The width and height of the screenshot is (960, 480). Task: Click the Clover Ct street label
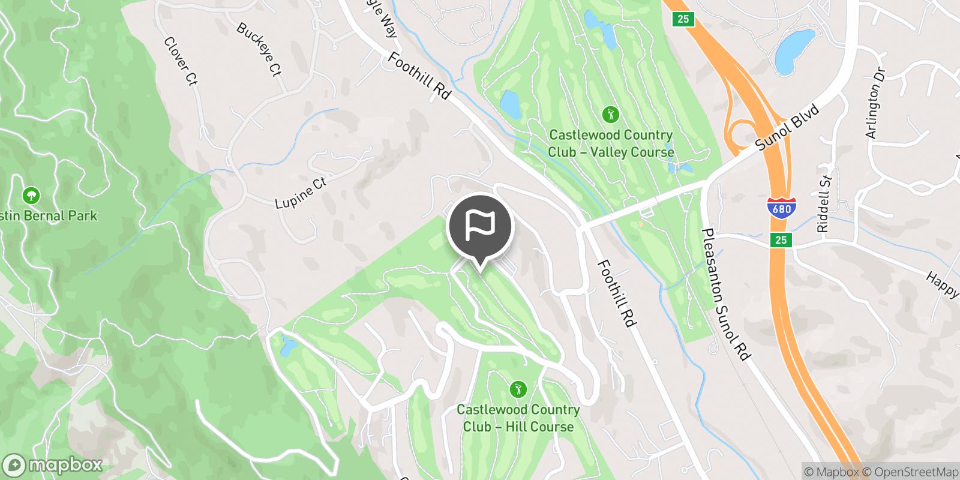[181, 61]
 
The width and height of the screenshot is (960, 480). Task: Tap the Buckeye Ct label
[259, 49]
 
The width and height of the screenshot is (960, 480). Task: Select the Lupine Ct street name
[300, 193]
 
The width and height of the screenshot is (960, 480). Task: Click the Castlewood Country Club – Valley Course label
[611, 143]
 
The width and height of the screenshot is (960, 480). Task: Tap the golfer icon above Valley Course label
[611, 114]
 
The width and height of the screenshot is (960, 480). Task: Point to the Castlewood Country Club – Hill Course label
[518, 418]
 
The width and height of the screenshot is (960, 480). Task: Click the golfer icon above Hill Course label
[518, 389]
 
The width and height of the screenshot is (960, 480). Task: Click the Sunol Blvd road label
[787, 127]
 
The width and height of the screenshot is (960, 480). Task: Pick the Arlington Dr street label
[875, 103]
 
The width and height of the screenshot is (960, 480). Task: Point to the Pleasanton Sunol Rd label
[726, 295]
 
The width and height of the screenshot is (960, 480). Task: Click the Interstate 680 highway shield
[781, 208]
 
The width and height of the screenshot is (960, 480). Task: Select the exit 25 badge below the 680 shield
[781, 240]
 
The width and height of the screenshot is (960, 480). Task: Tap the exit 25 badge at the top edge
[683, 19]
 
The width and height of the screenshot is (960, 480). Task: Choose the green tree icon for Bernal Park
[31, 196]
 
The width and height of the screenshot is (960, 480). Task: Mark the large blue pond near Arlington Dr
[795, 51]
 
